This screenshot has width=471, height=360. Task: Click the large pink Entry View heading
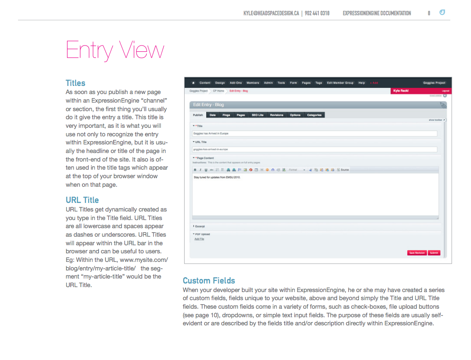(115, 50)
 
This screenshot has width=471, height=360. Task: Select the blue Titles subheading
(75, 83)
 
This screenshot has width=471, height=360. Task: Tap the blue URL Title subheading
(82, 200)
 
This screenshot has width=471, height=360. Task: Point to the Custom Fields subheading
(209, 280)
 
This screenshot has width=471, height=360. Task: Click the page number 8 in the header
(429, 13)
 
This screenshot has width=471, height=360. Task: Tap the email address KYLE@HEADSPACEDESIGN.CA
(271, 13)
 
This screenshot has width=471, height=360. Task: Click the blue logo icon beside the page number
(442, 13)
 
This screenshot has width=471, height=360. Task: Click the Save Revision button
(417, 253)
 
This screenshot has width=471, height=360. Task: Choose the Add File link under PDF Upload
(199, 239)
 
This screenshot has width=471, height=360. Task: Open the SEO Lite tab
(258, 115)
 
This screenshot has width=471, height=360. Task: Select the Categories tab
(314, 115)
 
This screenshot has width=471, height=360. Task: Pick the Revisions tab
(276, 115)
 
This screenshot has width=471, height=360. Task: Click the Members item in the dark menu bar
(253, 83)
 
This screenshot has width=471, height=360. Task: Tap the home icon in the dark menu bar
(194, 83)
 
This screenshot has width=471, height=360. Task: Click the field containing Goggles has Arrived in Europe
(315, 134)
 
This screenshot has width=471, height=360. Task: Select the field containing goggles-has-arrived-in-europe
(315, 149)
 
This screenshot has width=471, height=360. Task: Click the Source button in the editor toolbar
(344, 170)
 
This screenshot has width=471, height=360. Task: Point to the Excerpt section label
(199, 226)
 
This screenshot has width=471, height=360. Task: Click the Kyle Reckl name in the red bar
(400, 90)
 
